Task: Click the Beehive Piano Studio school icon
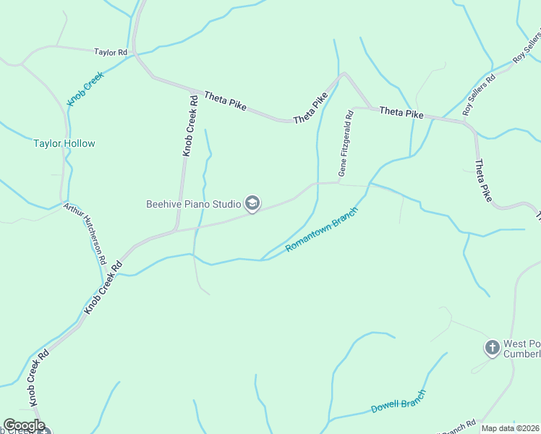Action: (x=252, y=204)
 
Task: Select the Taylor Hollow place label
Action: (x=64, y=143)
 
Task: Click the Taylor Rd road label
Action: (x=111, y=52)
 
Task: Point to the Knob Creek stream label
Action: (x=86, y=89)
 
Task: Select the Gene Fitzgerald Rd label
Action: (x=346, y=143)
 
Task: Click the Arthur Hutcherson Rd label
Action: (x=85, y=232)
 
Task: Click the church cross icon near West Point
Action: (x=492, y=348)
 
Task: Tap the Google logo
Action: (x=24, y=425)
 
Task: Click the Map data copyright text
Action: (x=510, y=428)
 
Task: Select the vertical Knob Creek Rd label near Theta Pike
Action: (x=189, y=126)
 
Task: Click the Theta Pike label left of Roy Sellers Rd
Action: (x=401, y=112)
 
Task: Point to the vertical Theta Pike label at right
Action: (x=482, y=180)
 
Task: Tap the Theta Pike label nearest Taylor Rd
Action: (x=225, y=101)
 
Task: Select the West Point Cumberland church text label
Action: (x=522, y=349)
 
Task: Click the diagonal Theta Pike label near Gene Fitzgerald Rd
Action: (x=311, y=108)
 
